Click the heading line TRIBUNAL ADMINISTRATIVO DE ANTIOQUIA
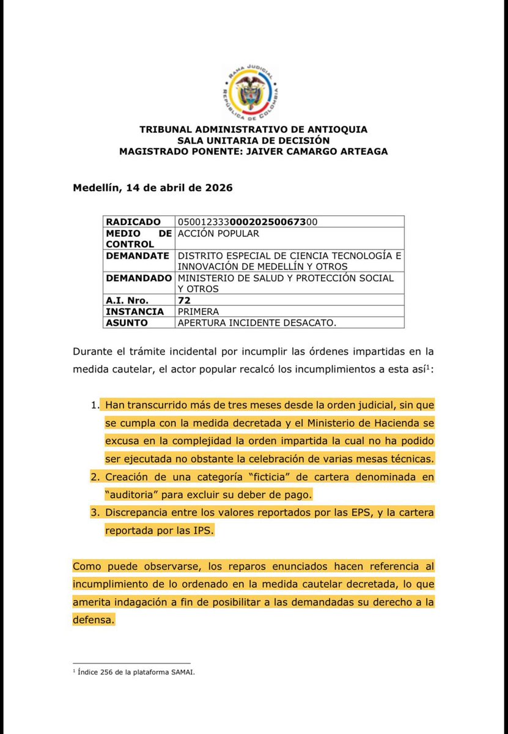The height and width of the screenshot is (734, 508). [x=254, y=130]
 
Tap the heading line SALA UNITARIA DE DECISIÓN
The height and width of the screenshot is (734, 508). [x=254, y=140]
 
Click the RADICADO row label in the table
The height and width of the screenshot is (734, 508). [x=133, y=221]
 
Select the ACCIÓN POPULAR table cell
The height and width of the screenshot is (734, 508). [x=218, y=233]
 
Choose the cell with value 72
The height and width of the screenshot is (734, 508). [x=184, y=300]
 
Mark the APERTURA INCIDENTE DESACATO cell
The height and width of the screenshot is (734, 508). [x=257, y=322]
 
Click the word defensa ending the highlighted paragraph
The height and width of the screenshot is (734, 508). [x=94, y=620]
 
